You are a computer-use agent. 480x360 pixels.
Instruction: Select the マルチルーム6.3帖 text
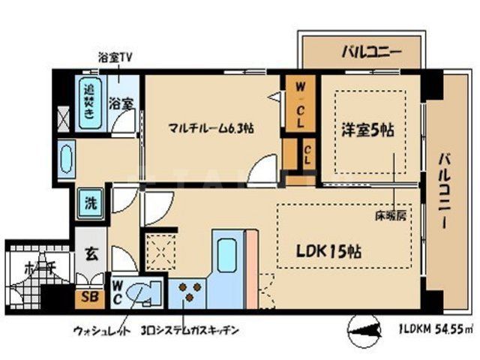coord(211,128)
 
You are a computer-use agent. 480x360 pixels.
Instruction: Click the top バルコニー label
coord(371,52)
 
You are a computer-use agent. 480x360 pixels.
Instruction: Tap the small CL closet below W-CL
coord(308,156)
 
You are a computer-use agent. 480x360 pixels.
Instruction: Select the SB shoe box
coord(88,296)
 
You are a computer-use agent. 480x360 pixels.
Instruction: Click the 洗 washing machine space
coord(90,203)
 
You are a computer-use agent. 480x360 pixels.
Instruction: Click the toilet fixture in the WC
coord(142,292)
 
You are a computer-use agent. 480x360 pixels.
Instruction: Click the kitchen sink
coord(226,253)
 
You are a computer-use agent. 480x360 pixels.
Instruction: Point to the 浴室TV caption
coord(115,57)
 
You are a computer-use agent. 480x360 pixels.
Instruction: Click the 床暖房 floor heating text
coord(391,216)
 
